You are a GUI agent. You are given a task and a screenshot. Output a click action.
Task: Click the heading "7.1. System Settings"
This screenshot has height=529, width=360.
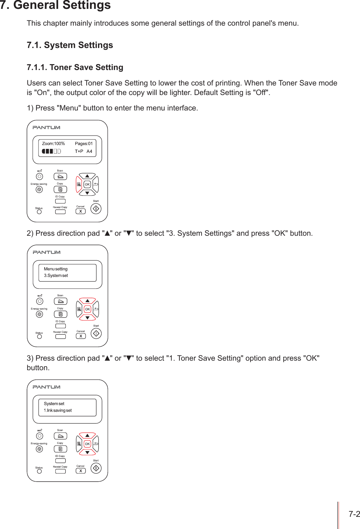[70, 45]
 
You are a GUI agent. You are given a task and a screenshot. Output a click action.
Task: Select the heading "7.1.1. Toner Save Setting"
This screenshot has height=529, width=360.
[75, 67]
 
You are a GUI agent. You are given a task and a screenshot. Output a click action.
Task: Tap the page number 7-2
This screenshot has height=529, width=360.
[354, 514]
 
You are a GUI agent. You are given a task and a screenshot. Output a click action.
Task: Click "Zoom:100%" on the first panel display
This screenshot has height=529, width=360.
[53, 144]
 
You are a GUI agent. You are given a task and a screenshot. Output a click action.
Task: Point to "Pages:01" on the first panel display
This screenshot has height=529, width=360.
[84, 144]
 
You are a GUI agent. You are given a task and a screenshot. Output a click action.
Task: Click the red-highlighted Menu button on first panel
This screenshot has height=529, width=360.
[79, 184]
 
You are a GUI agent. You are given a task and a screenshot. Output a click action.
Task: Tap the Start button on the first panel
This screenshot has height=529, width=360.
[96, 208]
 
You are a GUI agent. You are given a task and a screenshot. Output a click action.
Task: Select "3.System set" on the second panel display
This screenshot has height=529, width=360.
[56, 276]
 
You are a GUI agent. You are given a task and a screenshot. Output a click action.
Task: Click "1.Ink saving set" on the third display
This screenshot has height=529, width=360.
[58, 410]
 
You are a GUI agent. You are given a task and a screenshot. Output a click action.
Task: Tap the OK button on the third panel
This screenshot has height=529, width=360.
[87, 444]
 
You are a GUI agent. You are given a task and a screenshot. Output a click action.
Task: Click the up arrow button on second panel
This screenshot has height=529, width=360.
[87, 301]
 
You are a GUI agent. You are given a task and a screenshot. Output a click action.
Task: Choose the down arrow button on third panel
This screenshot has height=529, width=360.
[87, 452]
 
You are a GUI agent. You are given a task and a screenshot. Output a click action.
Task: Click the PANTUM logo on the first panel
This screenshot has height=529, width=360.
[46, 128]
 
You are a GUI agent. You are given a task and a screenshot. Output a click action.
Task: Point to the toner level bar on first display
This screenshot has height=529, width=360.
[51, 151]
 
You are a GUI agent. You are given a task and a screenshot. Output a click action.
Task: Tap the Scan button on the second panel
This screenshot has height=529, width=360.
[60, 301]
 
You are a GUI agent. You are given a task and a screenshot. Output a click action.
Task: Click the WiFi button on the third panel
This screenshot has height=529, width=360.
[39, 436]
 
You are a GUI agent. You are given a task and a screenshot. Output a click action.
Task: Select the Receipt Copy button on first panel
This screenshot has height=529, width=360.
[60, 212]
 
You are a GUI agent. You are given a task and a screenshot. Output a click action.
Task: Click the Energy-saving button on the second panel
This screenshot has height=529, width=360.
[39, 314]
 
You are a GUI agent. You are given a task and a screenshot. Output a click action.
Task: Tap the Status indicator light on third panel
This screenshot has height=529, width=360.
[39, 471]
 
